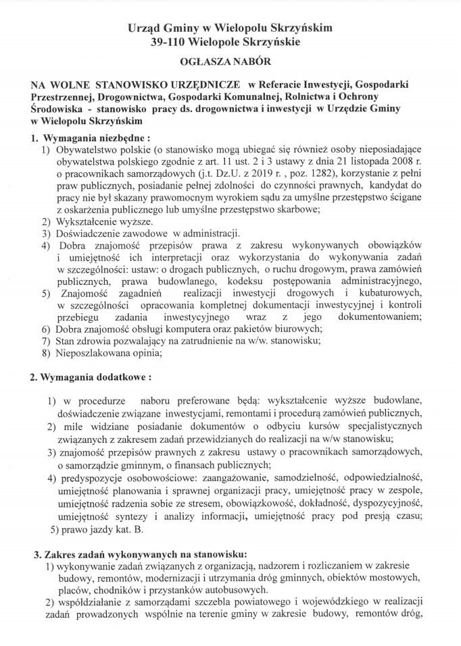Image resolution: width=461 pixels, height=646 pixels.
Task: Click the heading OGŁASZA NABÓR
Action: [x=230, y=62]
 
